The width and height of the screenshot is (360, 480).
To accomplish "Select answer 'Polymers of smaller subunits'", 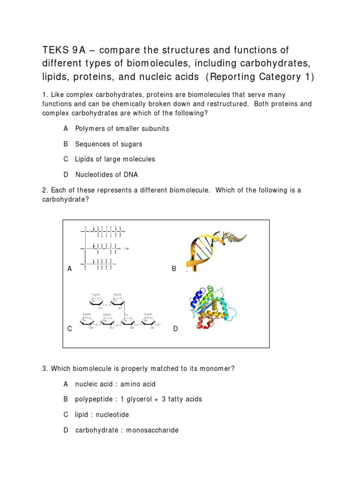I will pos(122,128).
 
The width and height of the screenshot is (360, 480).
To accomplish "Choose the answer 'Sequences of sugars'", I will pos(108,144).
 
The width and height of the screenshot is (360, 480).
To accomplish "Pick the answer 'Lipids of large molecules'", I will pos(115,159).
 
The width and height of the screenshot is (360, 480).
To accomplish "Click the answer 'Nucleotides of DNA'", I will pos(106,174).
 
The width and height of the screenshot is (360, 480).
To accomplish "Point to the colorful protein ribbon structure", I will pos(217,307).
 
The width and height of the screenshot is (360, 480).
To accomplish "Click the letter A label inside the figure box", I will pos(70,269).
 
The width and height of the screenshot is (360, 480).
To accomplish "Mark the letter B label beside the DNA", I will pos(174,269).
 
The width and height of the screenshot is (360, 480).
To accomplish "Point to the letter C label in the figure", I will pos(69,329).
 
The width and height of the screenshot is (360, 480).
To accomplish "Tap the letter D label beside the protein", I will pos(176,329).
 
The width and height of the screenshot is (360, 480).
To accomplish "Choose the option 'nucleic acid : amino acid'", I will pos(115,384).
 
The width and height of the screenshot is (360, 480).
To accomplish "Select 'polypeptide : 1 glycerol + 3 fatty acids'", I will pos(138,399).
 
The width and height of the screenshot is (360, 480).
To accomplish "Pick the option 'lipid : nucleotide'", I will pos(102,415).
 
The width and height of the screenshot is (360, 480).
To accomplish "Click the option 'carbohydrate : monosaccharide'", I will pos(127,430).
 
